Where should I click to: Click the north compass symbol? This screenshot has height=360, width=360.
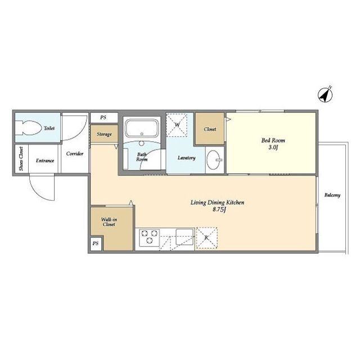[325, 94]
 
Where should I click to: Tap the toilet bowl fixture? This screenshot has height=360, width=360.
[31, 128]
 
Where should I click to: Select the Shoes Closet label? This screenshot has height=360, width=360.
[21, 159]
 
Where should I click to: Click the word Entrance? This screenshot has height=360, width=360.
[45, 160]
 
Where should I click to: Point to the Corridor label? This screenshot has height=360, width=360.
[75, 154]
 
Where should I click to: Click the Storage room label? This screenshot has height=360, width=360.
[104, 134]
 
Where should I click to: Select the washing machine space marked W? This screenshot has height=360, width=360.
[177, 125]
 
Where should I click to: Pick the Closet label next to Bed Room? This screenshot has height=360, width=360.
[210, 129]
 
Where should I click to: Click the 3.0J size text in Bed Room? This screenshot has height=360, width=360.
[273, 147]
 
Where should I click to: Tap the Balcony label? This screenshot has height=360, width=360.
[332, 195]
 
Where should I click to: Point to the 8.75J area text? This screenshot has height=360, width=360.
[219, 210]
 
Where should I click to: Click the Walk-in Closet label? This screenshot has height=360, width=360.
[109, 222]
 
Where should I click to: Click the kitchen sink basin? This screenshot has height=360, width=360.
[184, 237]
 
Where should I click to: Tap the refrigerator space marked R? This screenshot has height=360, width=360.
[206, 238]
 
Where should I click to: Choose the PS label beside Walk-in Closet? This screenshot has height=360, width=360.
[96, 243]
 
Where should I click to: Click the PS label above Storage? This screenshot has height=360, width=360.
[103, 118]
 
